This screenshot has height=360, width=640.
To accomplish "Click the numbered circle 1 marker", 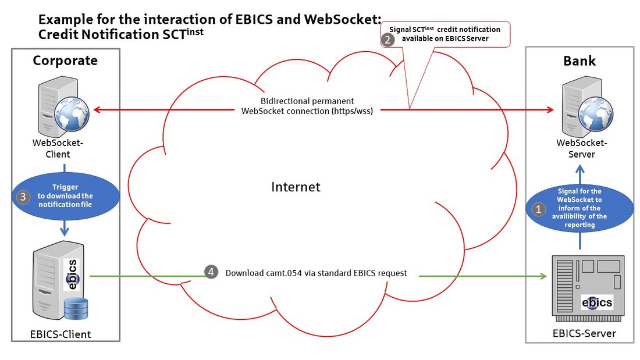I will click(x=539, y=209).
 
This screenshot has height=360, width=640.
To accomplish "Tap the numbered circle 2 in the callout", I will click(x=387, y=40).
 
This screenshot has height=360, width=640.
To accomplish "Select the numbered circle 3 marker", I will click(x=23, y=197).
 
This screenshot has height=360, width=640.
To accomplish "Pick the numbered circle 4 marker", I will click(x=211, y=272).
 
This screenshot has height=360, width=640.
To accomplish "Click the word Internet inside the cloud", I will click(x=296, y=187).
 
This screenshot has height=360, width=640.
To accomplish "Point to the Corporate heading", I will click(x=65, y=60).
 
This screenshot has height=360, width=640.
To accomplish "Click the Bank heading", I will click(x=579, y=60).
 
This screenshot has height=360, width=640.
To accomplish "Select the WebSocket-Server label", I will click(x=582, y=149).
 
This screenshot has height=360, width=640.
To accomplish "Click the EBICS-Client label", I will click(x=61, y=334).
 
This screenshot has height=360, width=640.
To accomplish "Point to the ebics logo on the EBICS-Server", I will click(x=597, y=302).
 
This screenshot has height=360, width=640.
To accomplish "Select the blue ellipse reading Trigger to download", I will click(x=65, y=196).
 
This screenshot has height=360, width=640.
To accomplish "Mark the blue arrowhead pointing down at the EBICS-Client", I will click(x=66, y=232).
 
